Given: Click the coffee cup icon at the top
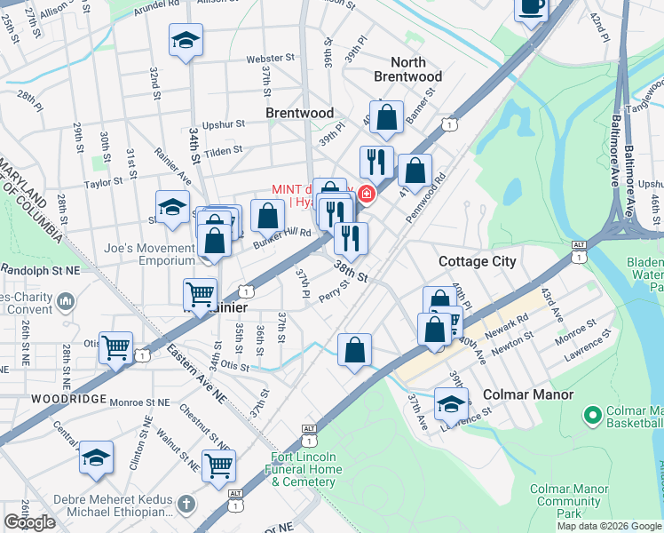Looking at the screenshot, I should (532, 7).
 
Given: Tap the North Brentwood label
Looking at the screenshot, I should (408, 69).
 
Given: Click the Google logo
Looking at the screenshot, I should (30, 522).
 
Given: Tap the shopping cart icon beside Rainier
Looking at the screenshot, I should (200, 292).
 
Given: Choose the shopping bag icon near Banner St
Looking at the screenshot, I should (387, 116).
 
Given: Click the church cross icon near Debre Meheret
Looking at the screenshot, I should (186, 505).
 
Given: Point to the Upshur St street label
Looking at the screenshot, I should (223, 125).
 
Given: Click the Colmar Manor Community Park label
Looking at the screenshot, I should (569, 501).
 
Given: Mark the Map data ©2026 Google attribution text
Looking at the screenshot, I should (609, 526).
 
